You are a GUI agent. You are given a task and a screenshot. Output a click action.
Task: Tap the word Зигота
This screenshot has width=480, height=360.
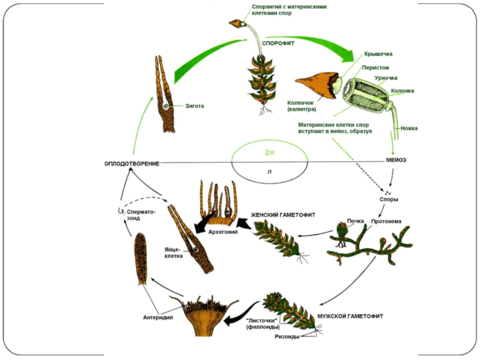click(x=193, y=106)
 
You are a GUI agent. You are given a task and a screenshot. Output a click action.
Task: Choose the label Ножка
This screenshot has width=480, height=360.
click(x=410, y=128)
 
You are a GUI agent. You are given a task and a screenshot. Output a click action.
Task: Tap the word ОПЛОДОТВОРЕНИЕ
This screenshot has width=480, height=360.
click(x=132, y=164)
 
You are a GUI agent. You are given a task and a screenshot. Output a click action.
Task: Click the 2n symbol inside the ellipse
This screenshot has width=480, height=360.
click(x=270, y=153)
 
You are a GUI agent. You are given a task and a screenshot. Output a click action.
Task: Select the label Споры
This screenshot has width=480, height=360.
click(x=389, y=199)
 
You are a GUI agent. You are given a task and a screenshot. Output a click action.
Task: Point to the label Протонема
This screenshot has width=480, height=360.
click(x=390, y=221)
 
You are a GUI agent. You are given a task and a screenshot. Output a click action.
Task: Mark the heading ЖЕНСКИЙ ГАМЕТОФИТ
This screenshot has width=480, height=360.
click(x=283, y=214)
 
